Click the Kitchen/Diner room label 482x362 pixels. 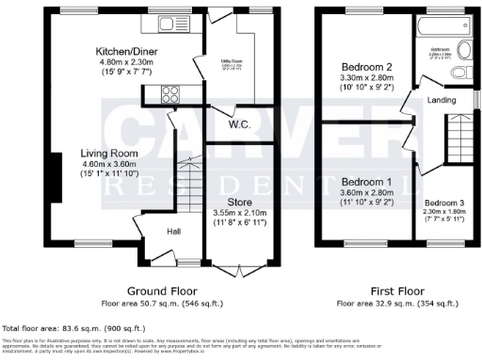(125, 50)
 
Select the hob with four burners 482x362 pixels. (173, 93)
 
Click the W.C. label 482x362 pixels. (238, 123)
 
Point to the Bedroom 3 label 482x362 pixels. (443, 203)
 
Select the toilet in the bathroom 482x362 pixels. (460, 74)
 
